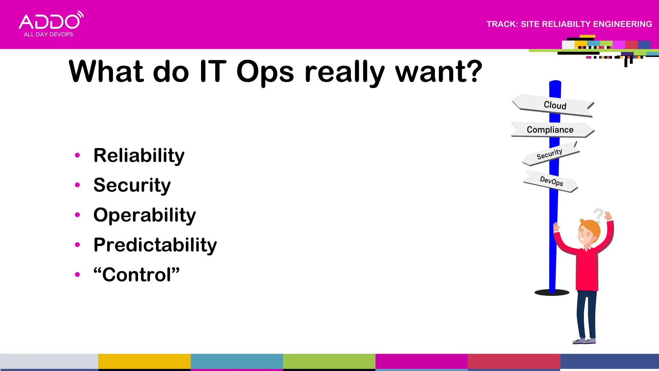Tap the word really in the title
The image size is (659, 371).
pyautogui.click(x=344, y=72)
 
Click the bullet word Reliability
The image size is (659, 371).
pyautogui.click(x=139, y=156)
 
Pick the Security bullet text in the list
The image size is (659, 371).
pyautogui.click(x=132, y=185)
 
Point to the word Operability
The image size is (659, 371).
pyautogui.click(x=144, y=215)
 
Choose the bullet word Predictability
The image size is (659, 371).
pyautogui.click(x=155, y=245)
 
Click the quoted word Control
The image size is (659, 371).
pyautogui.click(x=136, y=275)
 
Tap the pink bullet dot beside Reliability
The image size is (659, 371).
pyautogui.click(x=77, y=156)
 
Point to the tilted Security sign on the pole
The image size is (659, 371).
pyautogui.click(x=550, y=154)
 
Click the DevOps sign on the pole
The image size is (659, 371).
pyautogui.click(x=551, y=182)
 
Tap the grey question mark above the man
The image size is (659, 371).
pyautogui.click(x=598, y=215)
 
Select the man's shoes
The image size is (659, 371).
pyautogui.click(x=584, y=341)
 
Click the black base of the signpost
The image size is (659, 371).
pyautogui.click(x=552, y=293)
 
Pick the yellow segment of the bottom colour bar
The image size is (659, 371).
pyautogui.click(x=144, y=361)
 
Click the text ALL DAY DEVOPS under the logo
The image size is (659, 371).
pyautogui.click(x=48, y=34)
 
